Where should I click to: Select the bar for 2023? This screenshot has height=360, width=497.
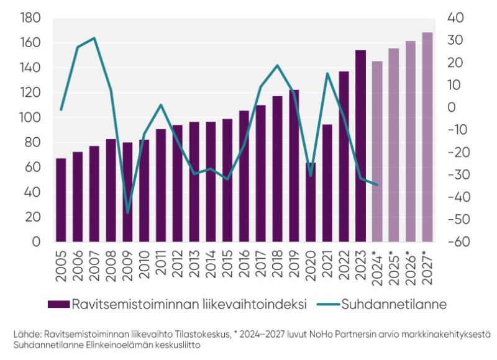(x=360, y=146)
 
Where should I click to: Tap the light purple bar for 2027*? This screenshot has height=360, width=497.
(x=427, y=137)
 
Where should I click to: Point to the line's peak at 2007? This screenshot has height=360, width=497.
(x=94, y=38)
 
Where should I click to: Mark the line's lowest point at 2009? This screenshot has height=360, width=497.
(x=127, y=212)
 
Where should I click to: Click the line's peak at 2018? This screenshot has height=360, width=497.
(x=277, y=66)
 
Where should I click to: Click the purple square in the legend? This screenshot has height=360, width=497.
(x=58, y=304)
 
